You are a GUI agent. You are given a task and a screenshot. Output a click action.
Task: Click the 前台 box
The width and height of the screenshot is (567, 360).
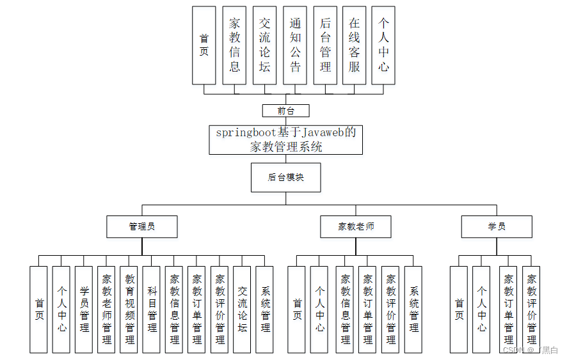285,111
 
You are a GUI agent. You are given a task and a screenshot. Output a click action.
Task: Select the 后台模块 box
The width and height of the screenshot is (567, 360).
285,178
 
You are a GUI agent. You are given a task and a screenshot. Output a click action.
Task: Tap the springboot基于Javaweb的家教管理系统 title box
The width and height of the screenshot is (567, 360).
285,139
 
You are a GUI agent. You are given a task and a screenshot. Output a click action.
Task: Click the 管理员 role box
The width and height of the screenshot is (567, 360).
141,226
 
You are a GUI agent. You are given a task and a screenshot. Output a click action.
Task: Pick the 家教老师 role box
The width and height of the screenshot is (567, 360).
356,226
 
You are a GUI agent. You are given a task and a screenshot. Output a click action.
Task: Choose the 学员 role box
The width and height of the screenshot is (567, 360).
497,226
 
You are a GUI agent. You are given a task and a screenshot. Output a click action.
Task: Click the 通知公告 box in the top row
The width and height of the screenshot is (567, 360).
295,45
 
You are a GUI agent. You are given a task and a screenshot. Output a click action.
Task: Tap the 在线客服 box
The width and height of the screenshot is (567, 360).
354,45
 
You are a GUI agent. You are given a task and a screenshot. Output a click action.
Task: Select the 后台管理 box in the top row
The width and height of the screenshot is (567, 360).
325,45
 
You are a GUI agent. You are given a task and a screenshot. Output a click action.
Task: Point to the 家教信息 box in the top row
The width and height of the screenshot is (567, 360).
235,45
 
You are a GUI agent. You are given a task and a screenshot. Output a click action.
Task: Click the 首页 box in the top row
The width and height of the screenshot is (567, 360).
204,45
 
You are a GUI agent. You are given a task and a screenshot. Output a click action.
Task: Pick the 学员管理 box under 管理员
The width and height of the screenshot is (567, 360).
84,309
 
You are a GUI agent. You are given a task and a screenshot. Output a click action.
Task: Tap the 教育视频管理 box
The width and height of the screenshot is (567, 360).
129,309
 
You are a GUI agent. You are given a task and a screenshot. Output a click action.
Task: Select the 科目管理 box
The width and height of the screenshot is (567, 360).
152,309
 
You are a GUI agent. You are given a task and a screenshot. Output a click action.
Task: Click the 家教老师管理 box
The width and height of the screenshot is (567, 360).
106,309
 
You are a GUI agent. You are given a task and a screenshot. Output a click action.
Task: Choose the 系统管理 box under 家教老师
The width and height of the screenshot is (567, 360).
413,309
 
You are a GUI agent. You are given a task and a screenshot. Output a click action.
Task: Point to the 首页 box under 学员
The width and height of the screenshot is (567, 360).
459,309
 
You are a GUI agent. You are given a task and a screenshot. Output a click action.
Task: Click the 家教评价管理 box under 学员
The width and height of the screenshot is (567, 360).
531,309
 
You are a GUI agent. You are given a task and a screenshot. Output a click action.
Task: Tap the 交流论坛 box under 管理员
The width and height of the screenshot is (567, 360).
242,309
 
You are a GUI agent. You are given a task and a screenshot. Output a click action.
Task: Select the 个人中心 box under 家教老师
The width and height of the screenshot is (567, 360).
319,309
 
